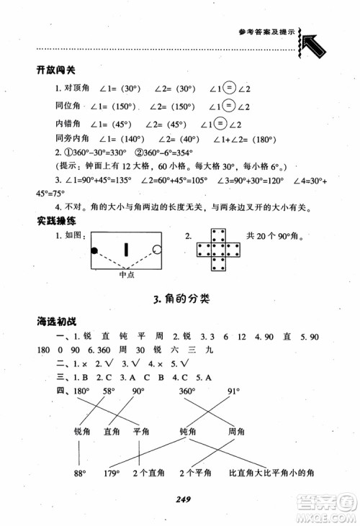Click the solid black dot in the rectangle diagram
94,250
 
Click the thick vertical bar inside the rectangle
126,250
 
